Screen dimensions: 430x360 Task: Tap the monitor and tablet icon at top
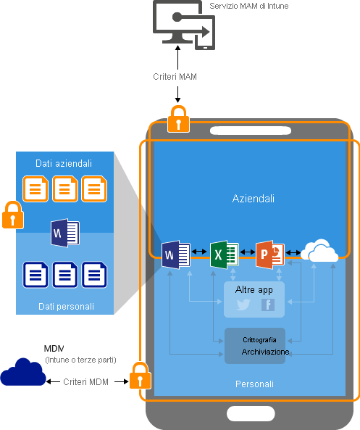(x=183, y=24)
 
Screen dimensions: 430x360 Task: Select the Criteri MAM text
(x=175, y=76)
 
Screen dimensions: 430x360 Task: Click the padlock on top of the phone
(x=178, y=119)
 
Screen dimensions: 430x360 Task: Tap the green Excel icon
(x=225, y=254)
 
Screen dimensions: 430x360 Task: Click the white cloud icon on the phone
(x=319, y=252)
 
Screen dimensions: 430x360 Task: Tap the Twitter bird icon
(x=243, y=305)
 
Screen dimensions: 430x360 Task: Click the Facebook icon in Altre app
(x=267, y=305)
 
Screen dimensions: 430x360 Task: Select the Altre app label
(x=254, y=289)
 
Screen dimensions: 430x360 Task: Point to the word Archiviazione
(x=265, y=352)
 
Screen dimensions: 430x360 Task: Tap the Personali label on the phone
(x=254, y=383)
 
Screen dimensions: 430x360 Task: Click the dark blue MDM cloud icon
(x=22, y=373)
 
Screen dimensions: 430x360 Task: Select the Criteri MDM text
(x=86, y=381)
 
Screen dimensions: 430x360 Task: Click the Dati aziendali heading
(x=64, y=163)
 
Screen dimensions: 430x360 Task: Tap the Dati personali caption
(x=66, y=307)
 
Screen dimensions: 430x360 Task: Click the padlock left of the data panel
(x=12, y=215)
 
